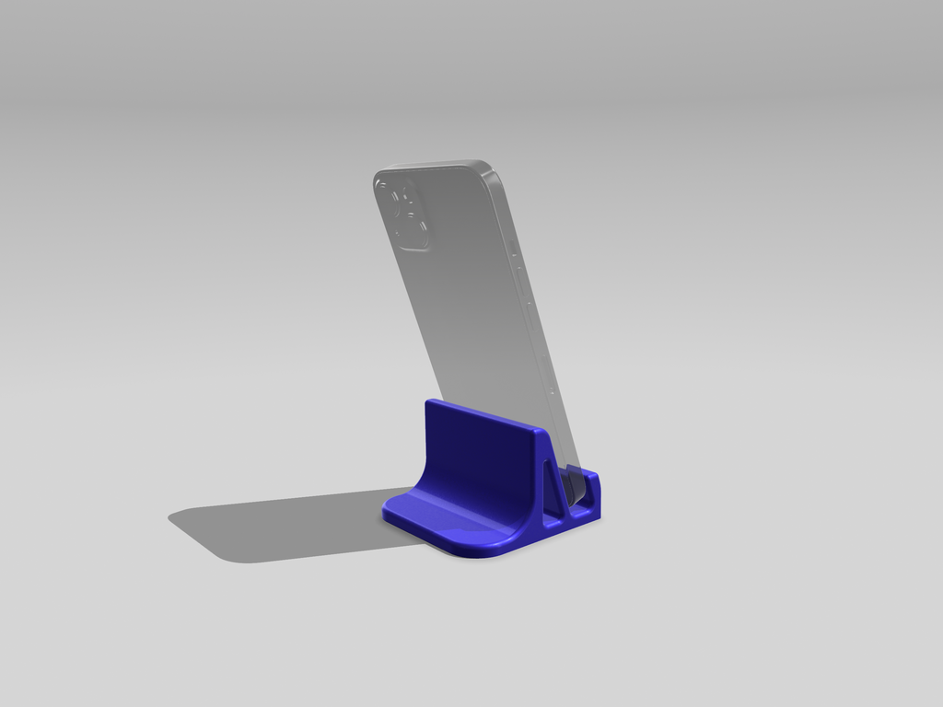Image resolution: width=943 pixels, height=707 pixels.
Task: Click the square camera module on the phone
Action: (406, 217)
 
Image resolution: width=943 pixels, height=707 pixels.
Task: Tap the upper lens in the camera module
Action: (400, 199)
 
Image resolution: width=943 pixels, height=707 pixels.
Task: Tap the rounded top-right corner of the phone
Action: (486, 168)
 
